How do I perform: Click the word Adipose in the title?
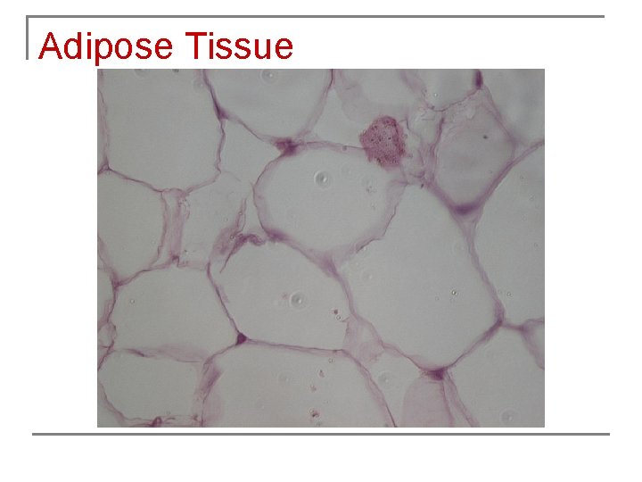click(106, 46)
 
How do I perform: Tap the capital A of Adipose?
click(49, 46)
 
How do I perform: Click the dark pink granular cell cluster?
click(383, 141)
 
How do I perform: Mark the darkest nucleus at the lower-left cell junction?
click(240, 339)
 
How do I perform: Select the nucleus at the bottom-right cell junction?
click(436, 376)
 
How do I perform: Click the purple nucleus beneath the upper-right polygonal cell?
click(465, 212)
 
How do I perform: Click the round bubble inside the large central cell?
click(321, 181)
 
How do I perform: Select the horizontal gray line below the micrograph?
click(321, 435)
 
